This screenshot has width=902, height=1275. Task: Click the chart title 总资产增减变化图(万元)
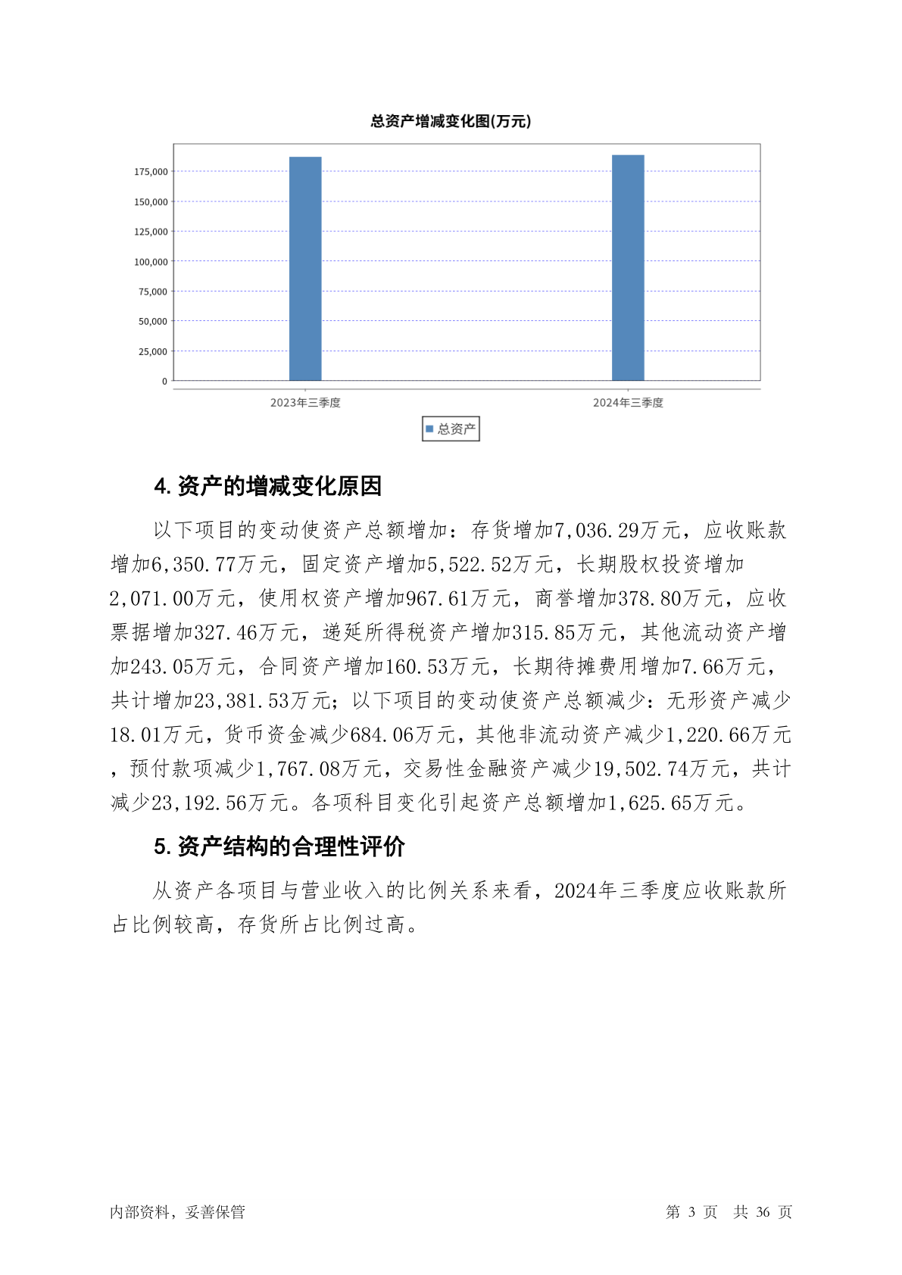(x=451, y=121)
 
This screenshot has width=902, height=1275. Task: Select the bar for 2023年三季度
(x=305, y=269)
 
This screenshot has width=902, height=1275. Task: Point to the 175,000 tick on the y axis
(x=151, y=172)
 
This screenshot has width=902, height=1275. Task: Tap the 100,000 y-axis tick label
(x=151, y=262)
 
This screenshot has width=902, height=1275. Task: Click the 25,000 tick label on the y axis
(x=153, y=351)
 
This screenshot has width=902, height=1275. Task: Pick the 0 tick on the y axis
(x=164, y=382)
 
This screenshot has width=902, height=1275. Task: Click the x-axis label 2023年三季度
(x=305, y=403)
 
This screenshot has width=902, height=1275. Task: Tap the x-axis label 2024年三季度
(x=628, y=403)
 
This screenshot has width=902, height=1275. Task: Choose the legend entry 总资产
(x=451, y=429)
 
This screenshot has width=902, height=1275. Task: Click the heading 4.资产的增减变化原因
(x=268, y=486)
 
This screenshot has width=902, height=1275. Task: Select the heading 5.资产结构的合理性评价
(x=279, y=846)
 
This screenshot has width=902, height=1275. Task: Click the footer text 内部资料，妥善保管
(x=177, y=1212)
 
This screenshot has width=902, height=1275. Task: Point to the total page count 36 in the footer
(x=763, y=1212)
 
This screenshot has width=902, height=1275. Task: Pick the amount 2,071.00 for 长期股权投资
(x=152, y=599)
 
